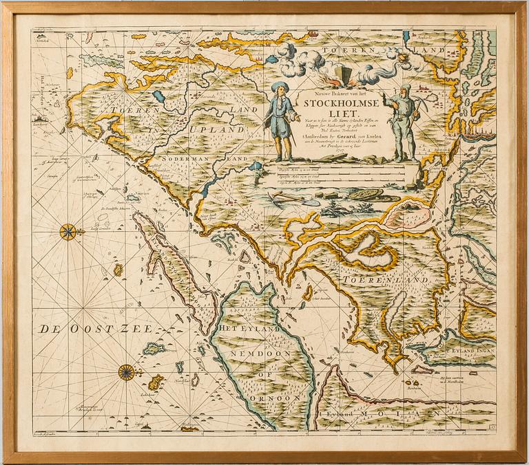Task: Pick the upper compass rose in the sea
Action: click(69, 232)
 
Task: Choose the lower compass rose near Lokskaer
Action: click(126, 372)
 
